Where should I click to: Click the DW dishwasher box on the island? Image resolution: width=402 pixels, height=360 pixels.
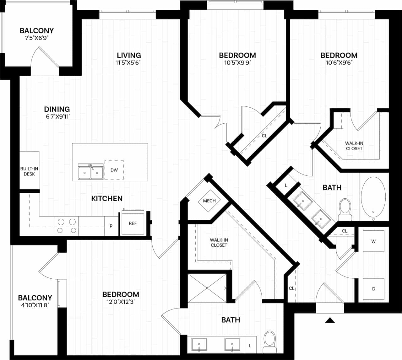(114, 170)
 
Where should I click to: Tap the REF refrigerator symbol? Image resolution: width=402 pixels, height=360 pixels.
(133, 223)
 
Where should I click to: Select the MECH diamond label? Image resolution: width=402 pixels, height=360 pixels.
(209, 201)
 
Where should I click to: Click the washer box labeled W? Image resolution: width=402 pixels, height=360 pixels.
(373, 241)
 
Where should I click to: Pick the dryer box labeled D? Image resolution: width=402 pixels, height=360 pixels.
(373, 289)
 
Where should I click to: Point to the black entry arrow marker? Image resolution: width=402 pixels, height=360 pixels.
(330, 320)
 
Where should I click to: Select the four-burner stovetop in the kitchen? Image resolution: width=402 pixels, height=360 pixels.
(67, 226)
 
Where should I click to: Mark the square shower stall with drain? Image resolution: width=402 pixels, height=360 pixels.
(207, 288)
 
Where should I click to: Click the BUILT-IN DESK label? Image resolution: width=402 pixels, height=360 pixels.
(29, 171)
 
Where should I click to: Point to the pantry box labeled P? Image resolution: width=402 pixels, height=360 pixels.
(111, 226)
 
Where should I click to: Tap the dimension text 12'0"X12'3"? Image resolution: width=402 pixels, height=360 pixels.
(121, 302)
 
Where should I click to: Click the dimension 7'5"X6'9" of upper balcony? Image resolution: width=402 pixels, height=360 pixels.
(36, 38)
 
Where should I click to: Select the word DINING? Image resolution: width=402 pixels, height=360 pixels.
(57, 109)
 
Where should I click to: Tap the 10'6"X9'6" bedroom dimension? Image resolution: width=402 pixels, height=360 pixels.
(339, 62)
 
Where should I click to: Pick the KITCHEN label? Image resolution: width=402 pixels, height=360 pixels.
(107, 198)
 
